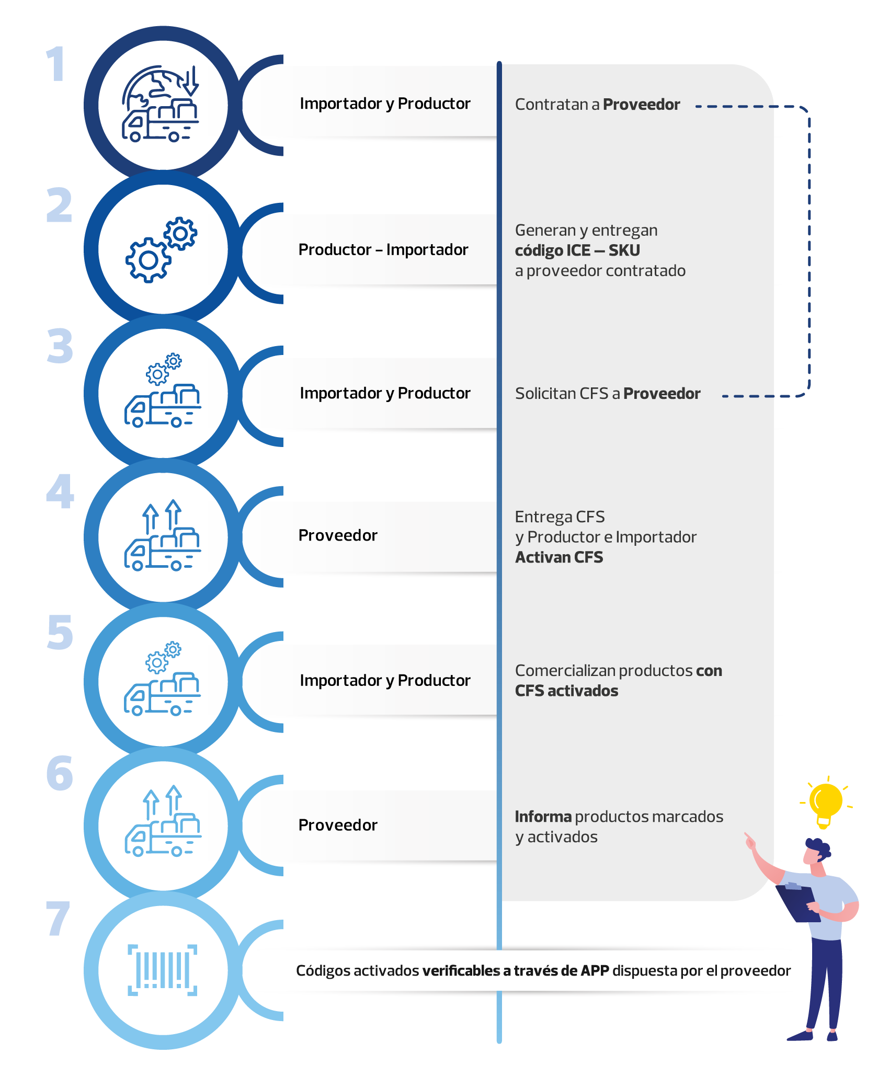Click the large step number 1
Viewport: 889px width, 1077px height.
coord(56,64)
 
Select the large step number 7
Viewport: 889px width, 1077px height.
coord(58,918)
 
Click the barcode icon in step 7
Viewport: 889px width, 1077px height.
coord(163,970)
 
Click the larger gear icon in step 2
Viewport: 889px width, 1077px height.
coord(148,260)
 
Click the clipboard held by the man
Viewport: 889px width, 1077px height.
coord(797,903)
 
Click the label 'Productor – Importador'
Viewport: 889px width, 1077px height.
coord(383,250)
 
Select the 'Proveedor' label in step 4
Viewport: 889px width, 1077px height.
coord(338,535)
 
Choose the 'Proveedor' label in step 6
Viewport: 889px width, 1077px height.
coord(338,825)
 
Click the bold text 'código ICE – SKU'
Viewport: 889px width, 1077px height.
coord(577,250)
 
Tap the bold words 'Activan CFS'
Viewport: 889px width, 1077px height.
coord(559,557)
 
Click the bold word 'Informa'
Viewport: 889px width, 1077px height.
coord(543,817)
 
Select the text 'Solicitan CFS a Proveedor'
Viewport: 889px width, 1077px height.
coord(608,394)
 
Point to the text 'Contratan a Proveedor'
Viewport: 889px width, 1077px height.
coord(598,105)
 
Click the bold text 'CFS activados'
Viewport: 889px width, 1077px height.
coord(566,691)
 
